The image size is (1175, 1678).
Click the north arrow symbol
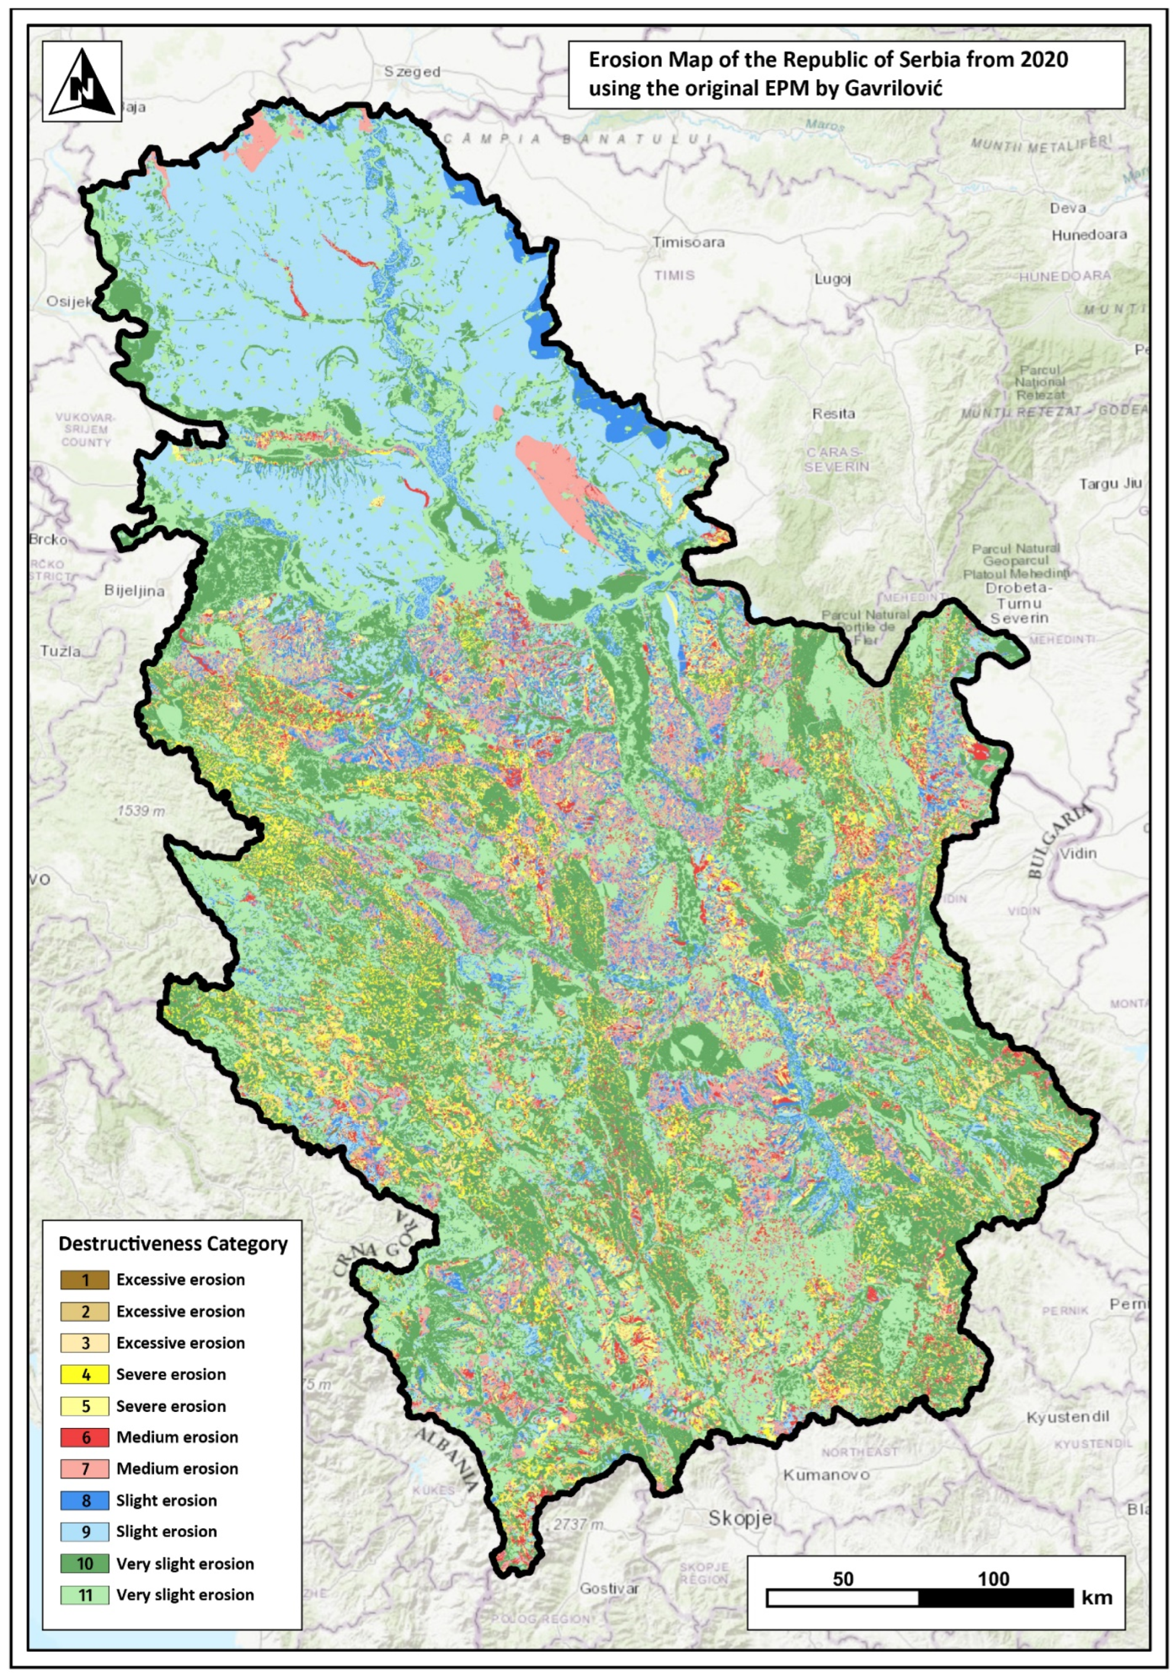(x=82, y=82)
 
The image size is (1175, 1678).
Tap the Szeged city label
(x=412, y=72)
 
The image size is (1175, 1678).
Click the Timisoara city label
(x=688, y=242)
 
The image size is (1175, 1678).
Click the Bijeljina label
(x=134, y=591)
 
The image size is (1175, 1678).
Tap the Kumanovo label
(x=826, y=1475)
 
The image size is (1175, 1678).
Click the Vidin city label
(x=1078, y=853)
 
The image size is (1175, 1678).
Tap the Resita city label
(x=833, y=414)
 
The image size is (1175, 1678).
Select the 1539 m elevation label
(x=141, y=811)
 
